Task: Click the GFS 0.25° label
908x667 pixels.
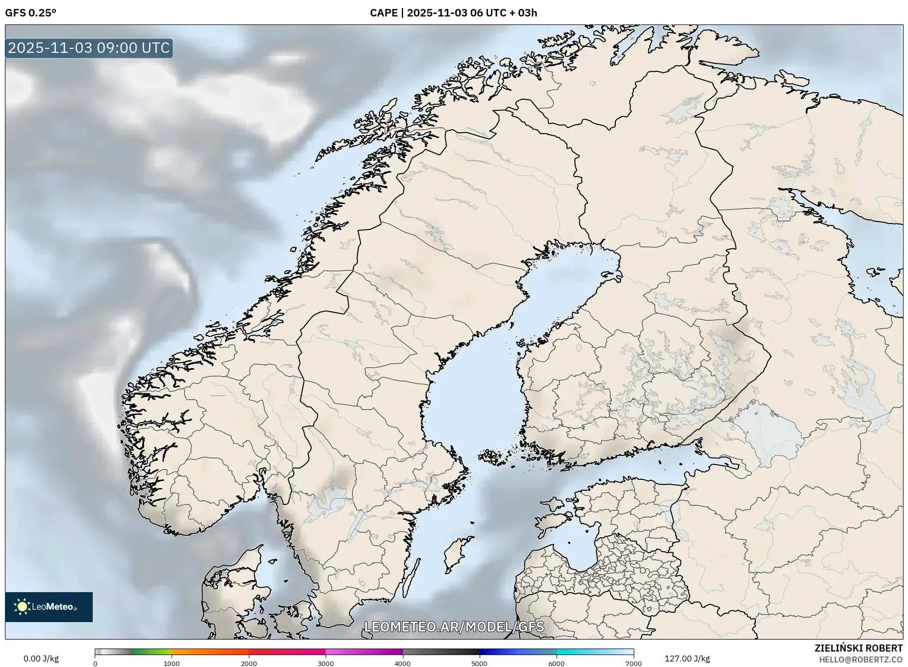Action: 30,13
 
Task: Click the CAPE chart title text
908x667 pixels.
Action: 453,13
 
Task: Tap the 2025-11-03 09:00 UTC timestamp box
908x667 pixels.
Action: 89,48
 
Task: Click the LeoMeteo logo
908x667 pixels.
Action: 49,607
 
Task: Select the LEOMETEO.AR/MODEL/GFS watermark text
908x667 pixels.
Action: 454,627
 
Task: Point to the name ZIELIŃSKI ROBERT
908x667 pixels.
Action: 858,648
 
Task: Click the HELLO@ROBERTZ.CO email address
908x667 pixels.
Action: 861,660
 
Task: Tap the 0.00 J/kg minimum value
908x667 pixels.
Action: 41,659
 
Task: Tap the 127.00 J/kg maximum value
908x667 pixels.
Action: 687,659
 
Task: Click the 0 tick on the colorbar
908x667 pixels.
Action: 95,664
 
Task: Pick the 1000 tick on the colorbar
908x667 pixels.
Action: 172,664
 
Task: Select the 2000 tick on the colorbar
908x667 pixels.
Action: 249,664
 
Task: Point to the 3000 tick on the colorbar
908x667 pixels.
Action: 326,664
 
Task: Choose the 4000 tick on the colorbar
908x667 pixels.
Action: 402,664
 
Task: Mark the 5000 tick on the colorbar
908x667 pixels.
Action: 480,664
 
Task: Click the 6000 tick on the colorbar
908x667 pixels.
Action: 556,664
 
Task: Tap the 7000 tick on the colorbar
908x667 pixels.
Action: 633,664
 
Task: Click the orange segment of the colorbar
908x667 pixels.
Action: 209,652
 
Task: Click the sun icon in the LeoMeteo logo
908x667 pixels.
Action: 22,607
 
